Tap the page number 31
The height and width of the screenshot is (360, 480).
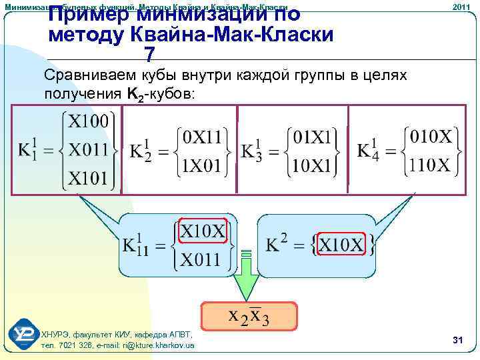pyautogui.click(x=457, y=341)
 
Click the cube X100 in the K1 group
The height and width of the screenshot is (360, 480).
pyautogui.click(x=89, y=122)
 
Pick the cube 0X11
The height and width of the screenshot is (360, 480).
pyautogui.click(x=202, y=137)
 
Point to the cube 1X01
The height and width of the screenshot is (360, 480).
pyautogui.click(x=202, y=164)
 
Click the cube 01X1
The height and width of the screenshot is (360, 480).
pyautogui.click(x=313, y=137)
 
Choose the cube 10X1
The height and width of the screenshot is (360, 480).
pyautogui.click(x=313, y=164)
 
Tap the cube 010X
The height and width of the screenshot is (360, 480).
pyautogui.click(x=431, y=137)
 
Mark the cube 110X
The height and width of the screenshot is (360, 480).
pyautogui.click(x=431, y=164)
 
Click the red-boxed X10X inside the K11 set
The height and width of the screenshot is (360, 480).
pyautogui.click(x=203, y=231)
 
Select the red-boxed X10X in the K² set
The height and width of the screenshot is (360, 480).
pyautogui.click(x=341, y=245)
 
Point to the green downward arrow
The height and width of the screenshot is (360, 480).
pyautogui.click(x=247, y=280)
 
